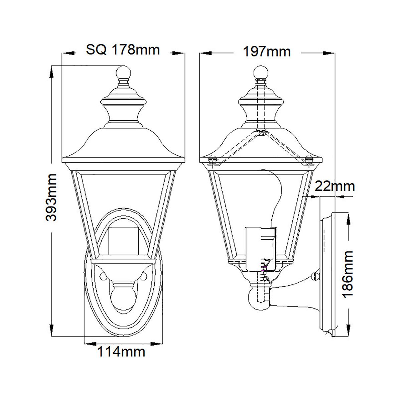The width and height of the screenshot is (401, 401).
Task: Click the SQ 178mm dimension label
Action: click(123, 50)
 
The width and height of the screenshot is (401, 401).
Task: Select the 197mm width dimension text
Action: click(267, 52)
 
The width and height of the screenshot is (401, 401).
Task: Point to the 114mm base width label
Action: click(121, 352)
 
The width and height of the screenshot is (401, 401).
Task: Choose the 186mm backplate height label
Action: click(348, 274)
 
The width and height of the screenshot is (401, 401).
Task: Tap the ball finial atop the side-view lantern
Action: click(261, 72)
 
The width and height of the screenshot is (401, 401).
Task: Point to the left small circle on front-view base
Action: click(103, 276)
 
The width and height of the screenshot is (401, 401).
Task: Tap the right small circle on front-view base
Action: click(144, 276)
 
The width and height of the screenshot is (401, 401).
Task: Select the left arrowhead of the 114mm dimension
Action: click(89, 343)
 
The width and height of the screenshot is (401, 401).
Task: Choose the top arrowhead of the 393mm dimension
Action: click(51, 72)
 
